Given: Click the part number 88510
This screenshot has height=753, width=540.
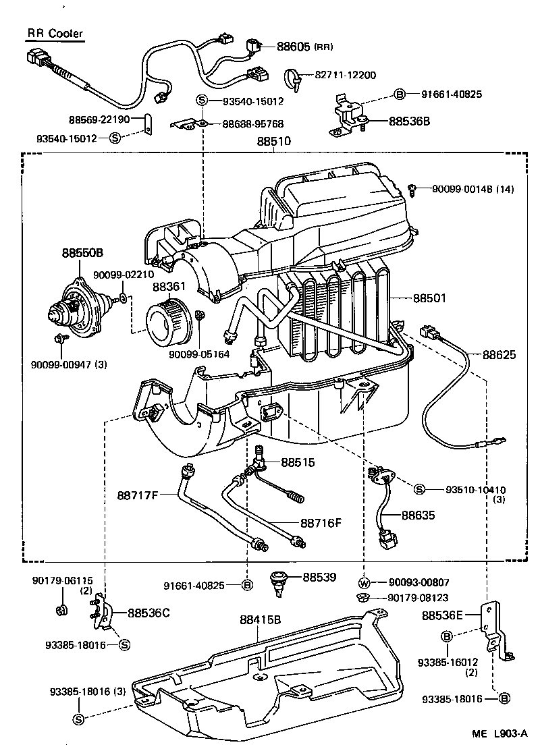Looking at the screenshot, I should tap(273, 142).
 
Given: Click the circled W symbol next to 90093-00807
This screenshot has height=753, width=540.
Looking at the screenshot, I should tap(364, 583).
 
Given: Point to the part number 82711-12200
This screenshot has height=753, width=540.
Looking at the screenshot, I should tap(345, 75).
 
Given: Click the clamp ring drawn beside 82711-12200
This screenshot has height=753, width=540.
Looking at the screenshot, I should tap(294, 78).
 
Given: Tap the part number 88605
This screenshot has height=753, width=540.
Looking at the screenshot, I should tap(293, 47).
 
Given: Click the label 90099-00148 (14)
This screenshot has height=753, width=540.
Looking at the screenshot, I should tap(473, 190).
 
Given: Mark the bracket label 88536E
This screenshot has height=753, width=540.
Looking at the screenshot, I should tap(443, 615).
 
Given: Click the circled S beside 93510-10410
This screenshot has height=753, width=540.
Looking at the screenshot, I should tap(418, 489).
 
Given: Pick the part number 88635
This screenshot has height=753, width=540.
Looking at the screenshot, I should tap(418, 515).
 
